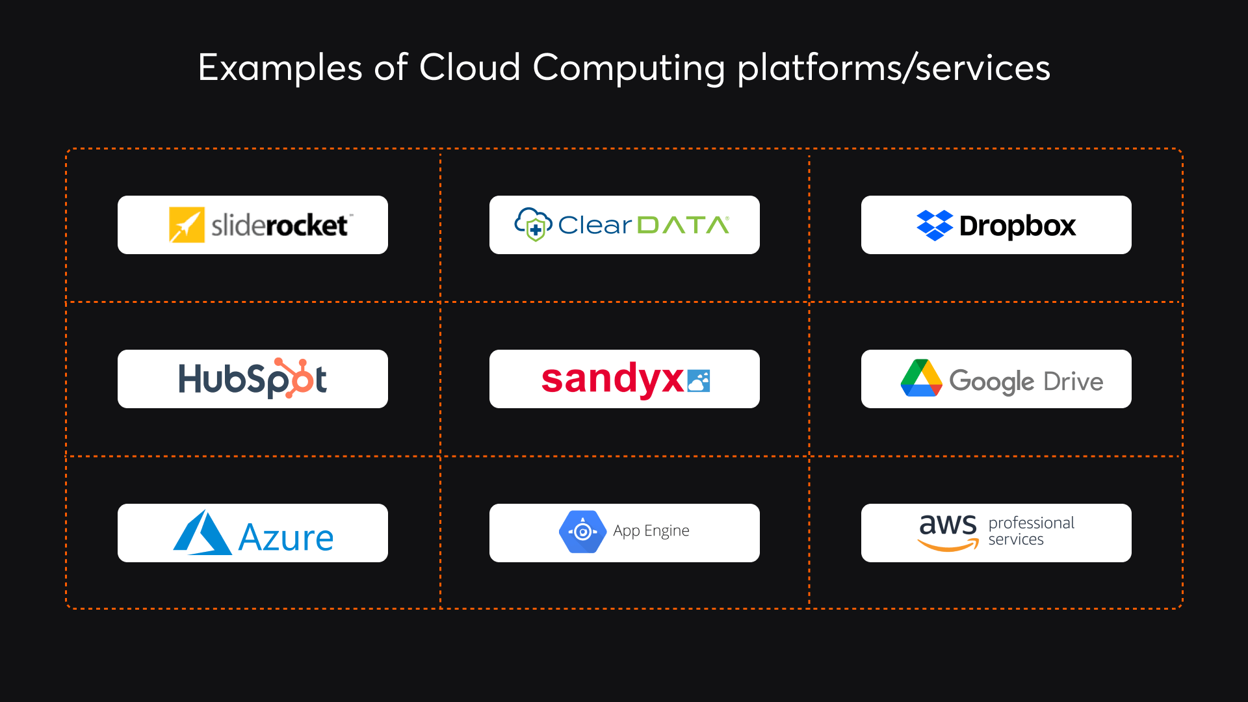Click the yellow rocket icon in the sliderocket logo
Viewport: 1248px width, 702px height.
click(x=187, y=225)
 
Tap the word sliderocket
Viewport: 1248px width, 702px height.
click(x=279, y=226)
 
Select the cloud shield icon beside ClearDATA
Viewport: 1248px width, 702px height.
click(x=533, y=224)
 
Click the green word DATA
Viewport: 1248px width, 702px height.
click(x=682, y=225)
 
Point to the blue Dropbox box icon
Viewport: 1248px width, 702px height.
click(x=934, y=226)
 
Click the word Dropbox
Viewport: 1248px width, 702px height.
click(x=1017, y=226)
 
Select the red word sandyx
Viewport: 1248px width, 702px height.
click(x=612, y=379)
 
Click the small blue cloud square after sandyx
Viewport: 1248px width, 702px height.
click(x=699, y=380)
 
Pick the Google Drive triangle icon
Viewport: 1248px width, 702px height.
click(x=921, y=379)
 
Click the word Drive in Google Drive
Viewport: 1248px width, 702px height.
click(x=1073, y=381)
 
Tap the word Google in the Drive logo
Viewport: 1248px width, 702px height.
click(x=991, y=381)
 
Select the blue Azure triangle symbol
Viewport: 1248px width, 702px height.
click(x=202, y=533)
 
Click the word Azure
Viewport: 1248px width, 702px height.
click(x=286, y=538)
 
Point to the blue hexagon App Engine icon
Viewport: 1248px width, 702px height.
click(x=582, y=532)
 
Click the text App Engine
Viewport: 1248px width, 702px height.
click(x=651, y=531)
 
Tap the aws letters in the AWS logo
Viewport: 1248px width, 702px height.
click(x=948, y=524)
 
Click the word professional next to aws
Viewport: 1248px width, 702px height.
click(x=1031, y=523)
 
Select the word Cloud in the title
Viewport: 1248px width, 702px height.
click(x=469, y=68)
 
